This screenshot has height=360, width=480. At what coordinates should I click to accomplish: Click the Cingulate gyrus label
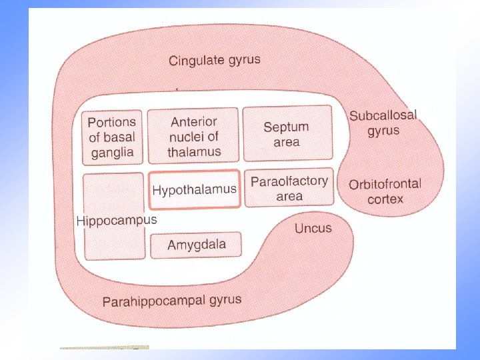click(x=214, y=61)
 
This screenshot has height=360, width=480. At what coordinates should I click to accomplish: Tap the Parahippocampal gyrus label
click(x=171, y=301)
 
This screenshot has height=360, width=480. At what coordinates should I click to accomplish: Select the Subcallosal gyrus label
click(x=383, y=123)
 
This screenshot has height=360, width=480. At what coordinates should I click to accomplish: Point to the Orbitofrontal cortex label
click(x=385, y=191)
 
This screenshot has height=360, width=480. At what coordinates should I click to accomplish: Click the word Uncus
click(x=313, y=228)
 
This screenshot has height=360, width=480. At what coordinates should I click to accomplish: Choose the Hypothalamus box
click(x=194, y=190)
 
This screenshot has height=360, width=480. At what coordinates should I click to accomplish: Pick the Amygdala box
click(x=196, y=245)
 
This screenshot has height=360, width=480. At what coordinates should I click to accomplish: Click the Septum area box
click(x=286, y=133)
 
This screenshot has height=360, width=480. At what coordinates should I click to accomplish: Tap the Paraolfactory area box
click(x=289, y=188)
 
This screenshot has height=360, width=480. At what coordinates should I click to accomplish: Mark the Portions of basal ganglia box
click(x=112, y=137)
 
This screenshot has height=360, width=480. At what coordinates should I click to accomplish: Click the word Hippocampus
click(x=117, y=221)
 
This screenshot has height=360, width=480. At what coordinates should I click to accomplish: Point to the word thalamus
click(x=193, y=153)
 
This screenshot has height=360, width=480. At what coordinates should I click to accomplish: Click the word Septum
click(x=286, y=127)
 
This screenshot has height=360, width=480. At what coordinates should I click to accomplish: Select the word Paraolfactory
click(x=289, y=181)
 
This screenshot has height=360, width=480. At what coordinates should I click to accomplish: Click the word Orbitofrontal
click(x=385, y=184)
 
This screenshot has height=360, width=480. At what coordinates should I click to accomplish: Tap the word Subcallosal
click(x=383, y=115)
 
